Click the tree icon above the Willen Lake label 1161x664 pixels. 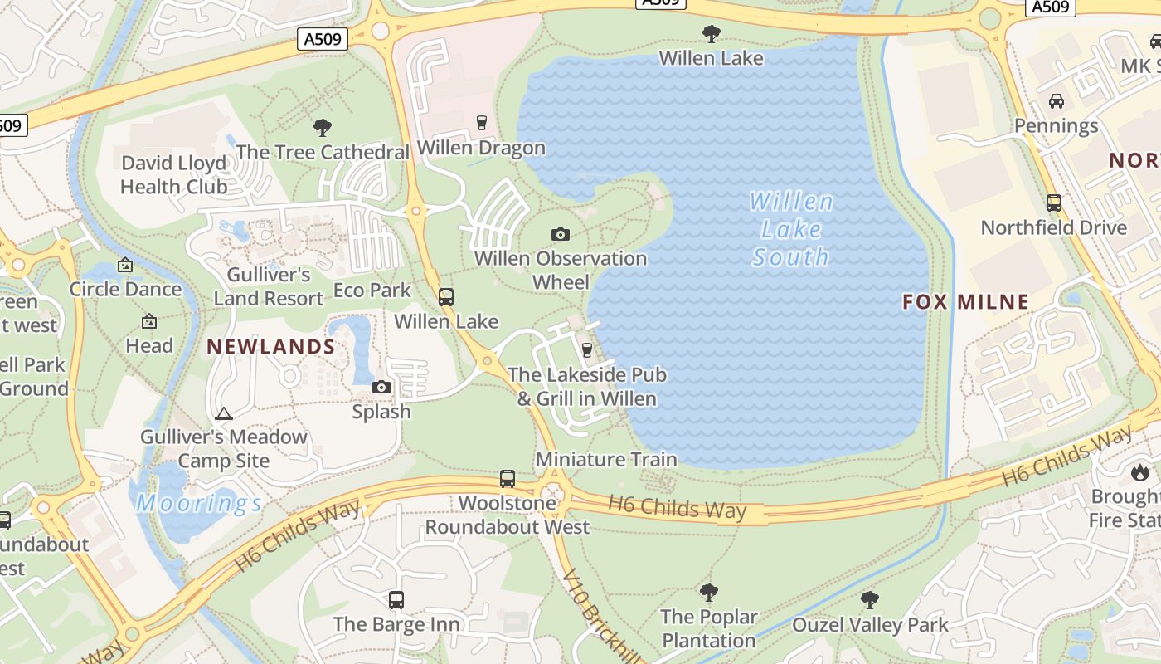[x=711, y=34]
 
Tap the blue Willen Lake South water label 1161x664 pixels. [x=790, y=229]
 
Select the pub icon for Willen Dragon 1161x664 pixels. [x=481, y=124]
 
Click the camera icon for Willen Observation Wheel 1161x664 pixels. [x=561, y=235]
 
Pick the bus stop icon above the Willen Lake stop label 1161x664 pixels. [x=446, y=296]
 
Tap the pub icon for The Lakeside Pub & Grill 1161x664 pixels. [x=587, y=350]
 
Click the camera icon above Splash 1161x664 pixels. [x=381, y=388]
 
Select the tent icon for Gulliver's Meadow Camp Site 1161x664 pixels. [x=223, y=413]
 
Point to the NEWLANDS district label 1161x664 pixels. [x=270, y=347]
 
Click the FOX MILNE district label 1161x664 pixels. [x=966, y=302]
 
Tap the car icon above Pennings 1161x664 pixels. [x=1057, y=101]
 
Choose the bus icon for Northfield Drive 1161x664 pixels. [x=1054, y=203]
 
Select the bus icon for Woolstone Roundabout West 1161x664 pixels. [x=508, y=479]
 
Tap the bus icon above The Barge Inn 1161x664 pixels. [x=396, y=599]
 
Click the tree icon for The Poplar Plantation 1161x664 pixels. [x=708, y=593]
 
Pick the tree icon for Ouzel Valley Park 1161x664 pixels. [x=870, y=600]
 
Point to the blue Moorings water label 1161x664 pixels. [x=199, y=503]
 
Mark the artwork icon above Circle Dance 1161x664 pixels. [x=125, y=265]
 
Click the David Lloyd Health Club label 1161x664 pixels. [x=173, y=174]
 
